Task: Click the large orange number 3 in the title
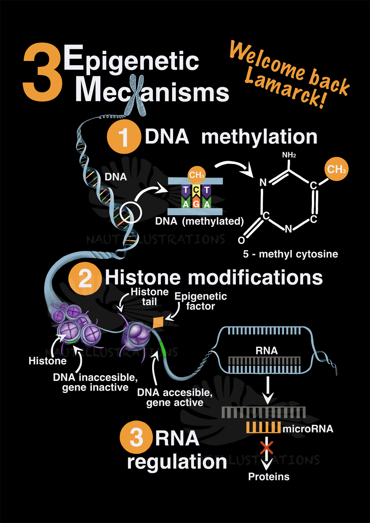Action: pyautogui.click(x=42, y=72)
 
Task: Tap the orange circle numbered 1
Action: pyautogui.click(x=124, y=137)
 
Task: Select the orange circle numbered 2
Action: pyautogui.click(x=85, y=278)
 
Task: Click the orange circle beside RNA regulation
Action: pyautogui.click(x=136, y=437)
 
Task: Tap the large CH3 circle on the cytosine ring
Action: pyautogui.click(x=336, y=169)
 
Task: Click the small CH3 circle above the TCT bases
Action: pyautogui.click(x=197, y=175)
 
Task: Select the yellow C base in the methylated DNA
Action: pyautogui.click(x=196, y=190)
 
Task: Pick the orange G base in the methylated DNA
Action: pyautogui.click(x=196, y=203)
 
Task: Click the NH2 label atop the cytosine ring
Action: pyautogui.click(x=289, y=155)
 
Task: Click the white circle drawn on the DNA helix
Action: pyautogui.click(x=130, y=212)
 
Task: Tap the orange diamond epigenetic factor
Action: pyautogui.click(x=158, y=322)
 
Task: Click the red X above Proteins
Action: pyautogui.click(x=267, y=448)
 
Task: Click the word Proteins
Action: pyautogui.click(x=269, y=477)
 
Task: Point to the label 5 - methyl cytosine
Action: pyautogui.click(x=291, y=254)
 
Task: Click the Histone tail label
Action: pyautogui.click(x=150, y=297)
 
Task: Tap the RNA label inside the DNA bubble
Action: pyautogui.click(x=267, y=350)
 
